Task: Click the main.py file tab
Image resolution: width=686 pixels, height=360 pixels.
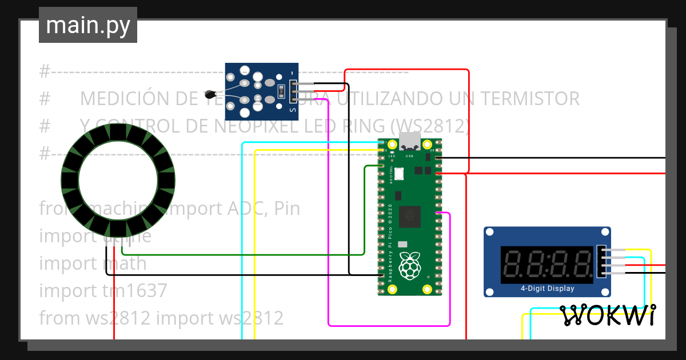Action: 87,25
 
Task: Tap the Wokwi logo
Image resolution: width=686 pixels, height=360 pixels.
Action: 607,315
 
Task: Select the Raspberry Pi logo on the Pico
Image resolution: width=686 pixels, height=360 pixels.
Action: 409,267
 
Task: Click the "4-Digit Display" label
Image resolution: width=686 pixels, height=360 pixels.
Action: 547,289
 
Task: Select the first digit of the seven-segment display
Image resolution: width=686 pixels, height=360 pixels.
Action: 512,265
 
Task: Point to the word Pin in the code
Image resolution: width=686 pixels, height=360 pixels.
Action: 287,209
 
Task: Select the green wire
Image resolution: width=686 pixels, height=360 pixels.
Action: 240,254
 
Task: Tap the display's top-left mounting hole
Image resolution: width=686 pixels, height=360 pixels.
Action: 490,232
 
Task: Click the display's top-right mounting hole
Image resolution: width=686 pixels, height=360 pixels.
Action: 605,232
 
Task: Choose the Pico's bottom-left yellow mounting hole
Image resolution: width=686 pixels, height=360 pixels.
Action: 392,289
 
